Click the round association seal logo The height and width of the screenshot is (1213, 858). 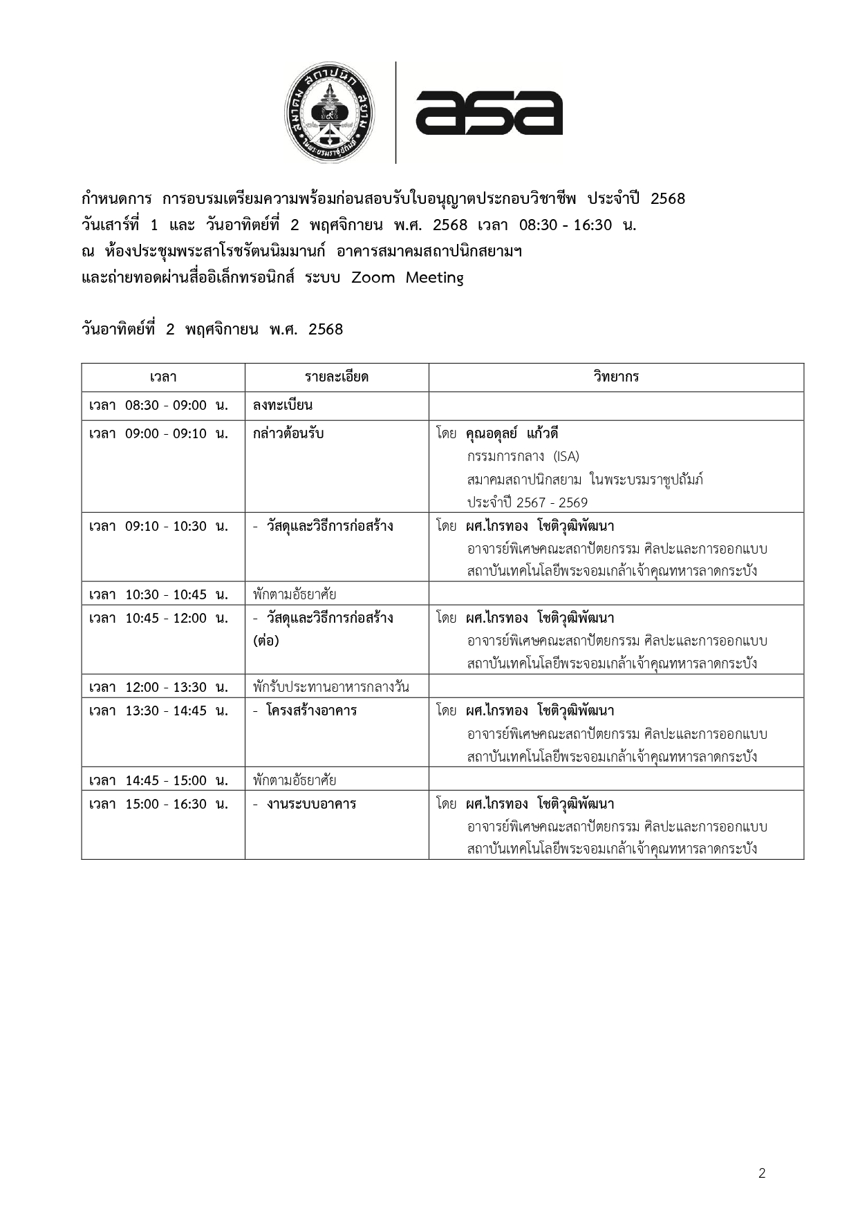click(x=329, y=113)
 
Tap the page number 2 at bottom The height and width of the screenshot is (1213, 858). click(x=762, y=1173)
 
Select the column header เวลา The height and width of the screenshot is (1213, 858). click(x=163, y=377)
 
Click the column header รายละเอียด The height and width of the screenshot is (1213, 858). click(x=337, y=377)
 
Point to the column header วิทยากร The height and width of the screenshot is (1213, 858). click(x=616, y=377)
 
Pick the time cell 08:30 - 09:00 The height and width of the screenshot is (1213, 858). click(x=159, y=406)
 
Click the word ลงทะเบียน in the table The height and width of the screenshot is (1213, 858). click(x=283, y=406)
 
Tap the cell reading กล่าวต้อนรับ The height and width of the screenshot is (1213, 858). click(x=288, y=434)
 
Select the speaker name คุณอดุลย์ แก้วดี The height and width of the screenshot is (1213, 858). click(x=512, y=434)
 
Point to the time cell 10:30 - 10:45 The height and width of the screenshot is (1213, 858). click(x=159, y=594)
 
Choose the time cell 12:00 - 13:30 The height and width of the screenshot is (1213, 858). click(x=159, y=687)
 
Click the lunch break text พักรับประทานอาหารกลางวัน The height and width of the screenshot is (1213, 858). click(x=331, y=687)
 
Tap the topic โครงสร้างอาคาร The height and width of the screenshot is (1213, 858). click(x=312, y=711)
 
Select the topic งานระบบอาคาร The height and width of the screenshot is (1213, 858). click(x=312, y=804)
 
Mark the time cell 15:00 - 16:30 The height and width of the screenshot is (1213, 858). click(x=159, y=804)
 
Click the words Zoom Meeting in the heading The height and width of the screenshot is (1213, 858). click(x=408, y=278)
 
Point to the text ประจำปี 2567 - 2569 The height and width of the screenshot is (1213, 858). click(x=527, y=502)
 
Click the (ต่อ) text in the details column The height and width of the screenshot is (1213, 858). click(x=266, y=641)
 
